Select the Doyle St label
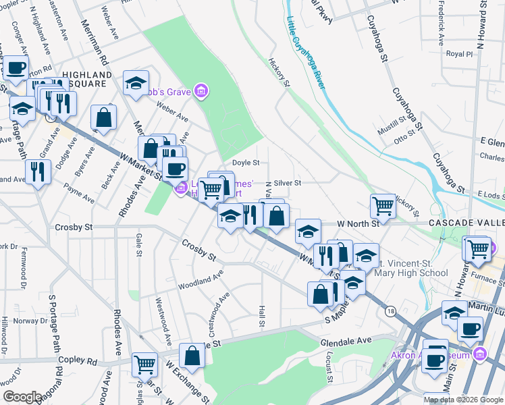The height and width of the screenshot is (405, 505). pos(246,163)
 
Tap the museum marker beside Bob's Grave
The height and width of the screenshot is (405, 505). pos(200,90)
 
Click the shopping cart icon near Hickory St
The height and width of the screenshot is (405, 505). pos(383,205)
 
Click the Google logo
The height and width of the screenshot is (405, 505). pos(22,397)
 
